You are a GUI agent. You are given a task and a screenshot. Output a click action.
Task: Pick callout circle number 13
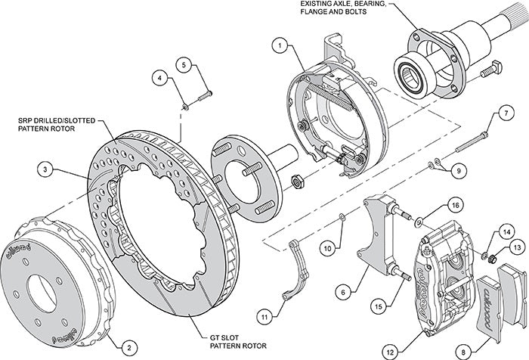click(515, 247)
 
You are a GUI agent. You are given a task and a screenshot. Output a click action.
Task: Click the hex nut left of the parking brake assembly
click(298, 181)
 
